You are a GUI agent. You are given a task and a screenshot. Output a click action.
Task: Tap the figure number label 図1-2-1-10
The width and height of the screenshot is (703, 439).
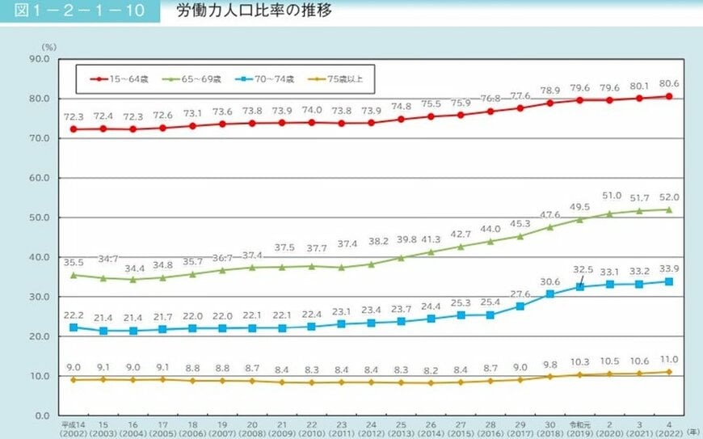(x=78, y=12)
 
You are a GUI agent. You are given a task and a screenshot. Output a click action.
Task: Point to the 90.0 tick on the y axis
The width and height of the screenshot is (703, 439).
(x=40, y=59)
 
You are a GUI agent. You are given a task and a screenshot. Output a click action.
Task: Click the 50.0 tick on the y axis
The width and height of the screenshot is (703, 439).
(x=40, y=217)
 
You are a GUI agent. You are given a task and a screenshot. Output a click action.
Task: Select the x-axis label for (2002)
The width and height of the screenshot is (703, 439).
(x=74, y=432)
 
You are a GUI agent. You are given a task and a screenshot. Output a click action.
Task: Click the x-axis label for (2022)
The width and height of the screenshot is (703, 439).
(x=669, y=432)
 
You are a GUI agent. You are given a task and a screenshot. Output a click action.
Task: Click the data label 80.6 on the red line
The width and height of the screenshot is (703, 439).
(x=670, y=83)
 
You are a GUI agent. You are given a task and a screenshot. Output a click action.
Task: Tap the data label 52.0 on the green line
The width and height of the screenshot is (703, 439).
(x=670, y=196)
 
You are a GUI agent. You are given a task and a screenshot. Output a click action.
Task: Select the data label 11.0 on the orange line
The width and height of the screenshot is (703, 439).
(x=670, y=360)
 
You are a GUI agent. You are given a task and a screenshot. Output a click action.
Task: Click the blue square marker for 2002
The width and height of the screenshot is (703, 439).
(x=74, y=327)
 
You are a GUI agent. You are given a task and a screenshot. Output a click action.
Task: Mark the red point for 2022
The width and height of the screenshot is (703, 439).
(x=669, y=96)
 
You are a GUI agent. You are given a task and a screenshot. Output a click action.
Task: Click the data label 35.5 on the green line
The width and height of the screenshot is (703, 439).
(x=74, y=262)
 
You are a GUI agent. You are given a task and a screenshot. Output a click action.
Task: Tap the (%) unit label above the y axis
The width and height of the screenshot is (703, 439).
(x=49, y=49)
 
